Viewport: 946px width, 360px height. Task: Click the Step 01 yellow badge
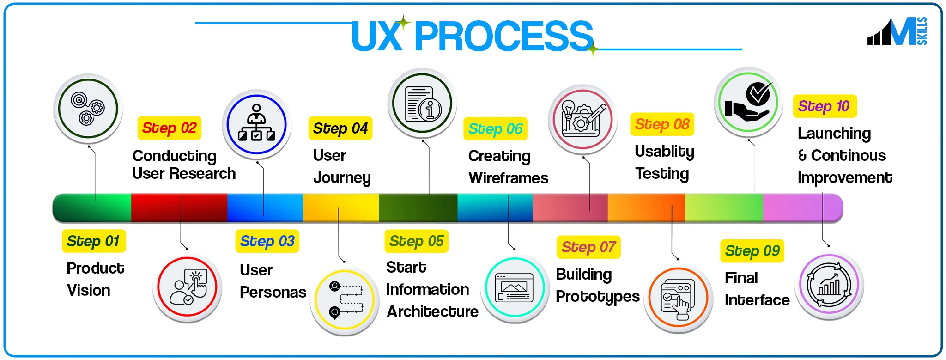[93, 241]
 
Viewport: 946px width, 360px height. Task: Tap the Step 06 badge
[495, 128]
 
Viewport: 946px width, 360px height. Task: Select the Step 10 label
[824, 106]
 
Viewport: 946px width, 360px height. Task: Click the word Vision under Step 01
[89, 290]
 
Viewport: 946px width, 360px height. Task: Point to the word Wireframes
[508, 178]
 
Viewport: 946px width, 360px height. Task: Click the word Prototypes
[597, 296]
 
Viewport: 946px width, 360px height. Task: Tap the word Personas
[273, 292]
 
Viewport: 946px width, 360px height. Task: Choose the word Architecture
[432, 311]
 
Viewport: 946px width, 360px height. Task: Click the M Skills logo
[897, 31]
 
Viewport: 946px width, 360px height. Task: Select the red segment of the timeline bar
[179, 207]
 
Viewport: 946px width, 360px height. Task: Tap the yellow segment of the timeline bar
[341, 207]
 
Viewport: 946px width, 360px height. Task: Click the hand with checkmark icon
[748, 102]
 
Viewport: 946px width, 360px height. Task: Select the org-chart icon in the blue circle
[256, 124]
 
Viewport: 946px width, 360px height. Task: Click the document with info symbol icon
[422, 104]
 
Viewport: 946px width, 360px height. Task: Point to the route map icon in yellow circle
[345, 299]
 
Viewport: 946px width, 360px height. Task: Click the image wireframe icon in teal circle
[514, 287]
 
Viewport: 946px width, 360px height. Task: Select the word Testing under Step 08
[661, 173]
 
